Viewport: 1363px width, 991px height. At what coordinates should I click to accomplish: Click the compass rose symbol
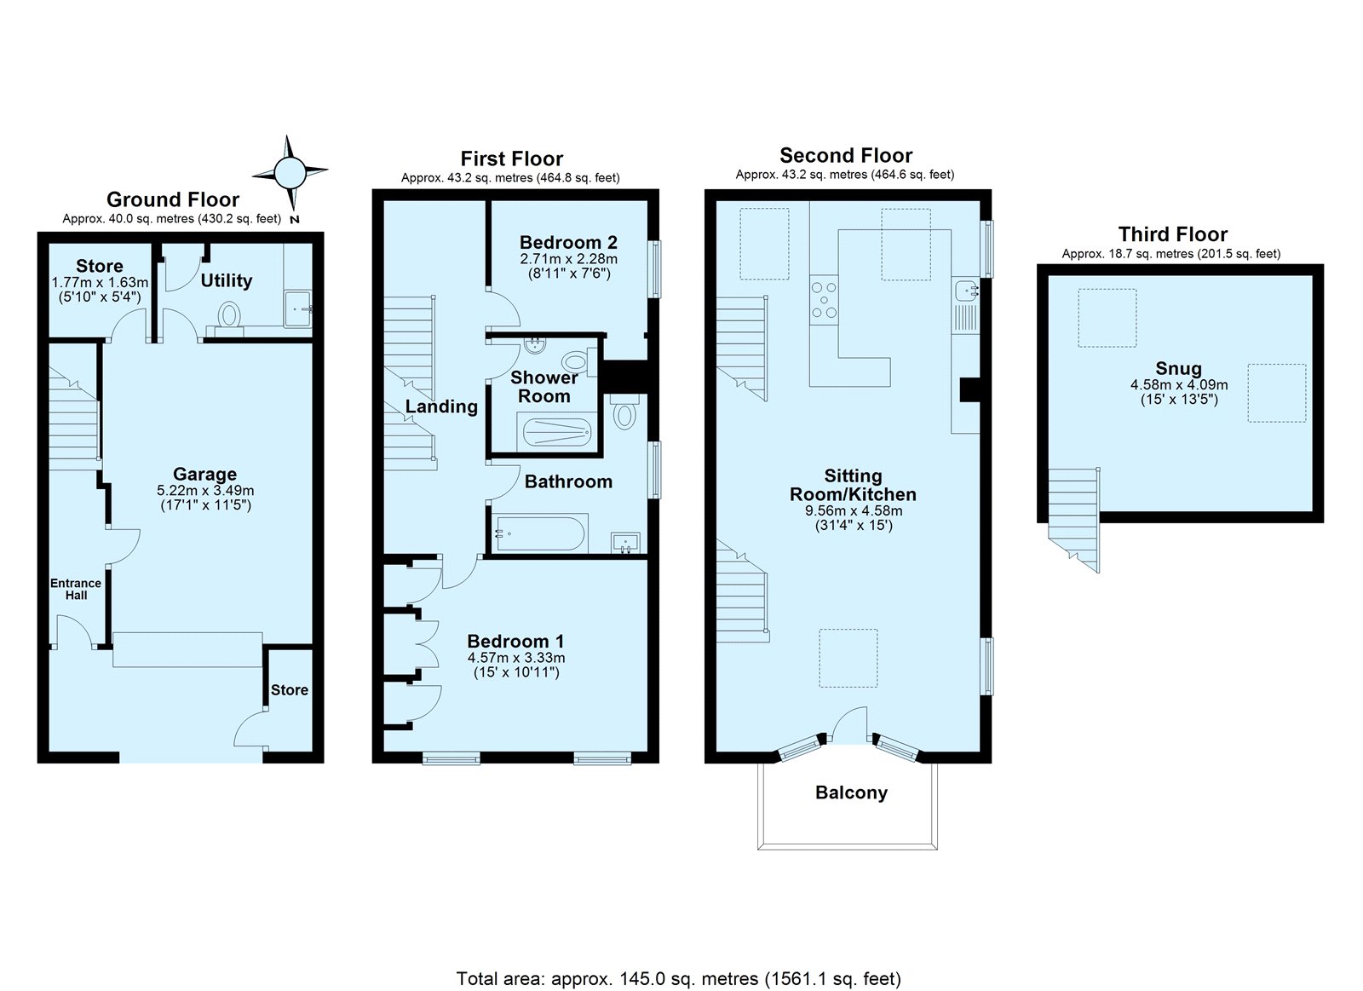[290, 173]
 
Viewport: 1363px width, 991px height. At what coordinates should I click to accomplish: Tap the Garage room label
[205, 474]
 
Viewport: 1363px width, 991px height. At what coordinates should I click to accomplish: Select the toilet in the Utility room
[229, 315]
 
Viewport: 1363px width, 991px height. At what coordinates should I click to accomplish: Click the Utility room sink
[298, 308]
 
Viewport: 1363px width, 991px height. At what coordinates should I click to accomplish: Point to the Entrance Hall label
[76, 590]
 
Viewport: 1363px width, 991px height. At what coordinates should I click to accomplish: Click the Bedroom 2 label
[568, 242]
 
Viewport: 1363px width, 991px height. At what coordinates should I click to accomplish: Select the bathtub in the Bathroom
[542, 533]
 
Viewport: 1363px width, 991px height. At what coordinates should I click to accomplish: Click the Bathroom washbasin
[625, 542]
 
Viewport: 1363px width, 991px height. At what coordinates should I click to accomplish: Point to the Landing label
[442, 406]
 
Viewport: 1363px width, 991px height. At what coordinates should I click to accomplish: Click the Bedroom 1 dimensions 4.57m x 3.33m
[516, 658]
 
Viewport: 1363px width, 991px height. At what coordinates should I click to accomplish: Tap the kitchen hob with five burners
[824, 299]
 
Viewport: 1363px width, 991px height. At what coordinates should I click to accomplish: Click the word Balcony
[851, 792]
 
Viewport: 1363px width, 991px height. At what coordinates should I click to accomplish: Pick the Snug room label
[1179, 369]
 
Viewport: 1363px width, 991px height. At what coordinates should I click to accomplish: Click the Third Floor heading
[1172, 234]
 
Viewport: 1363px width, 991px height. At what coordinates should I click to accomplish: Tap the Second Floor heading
[846, 156]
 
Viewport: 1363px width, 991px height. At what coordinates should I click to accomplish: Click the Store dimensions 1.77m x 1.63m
[100, 282]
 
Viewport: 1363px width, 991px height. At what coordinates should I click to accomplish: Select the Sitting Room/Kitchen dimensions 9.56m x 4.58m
[854, 511]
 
